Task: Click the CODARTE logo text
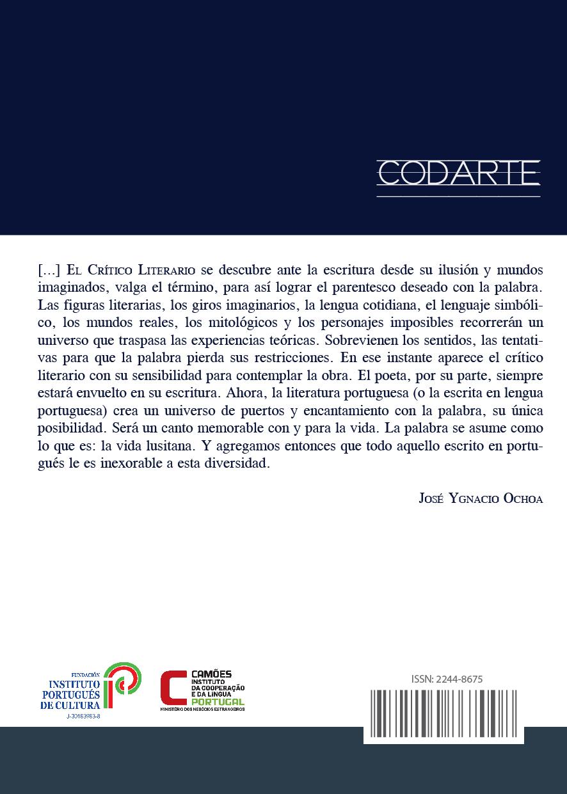458,173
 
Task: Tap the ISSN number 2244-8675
443,679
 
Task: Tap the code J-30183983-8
83,717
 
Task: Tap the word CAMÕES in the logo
211,674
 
